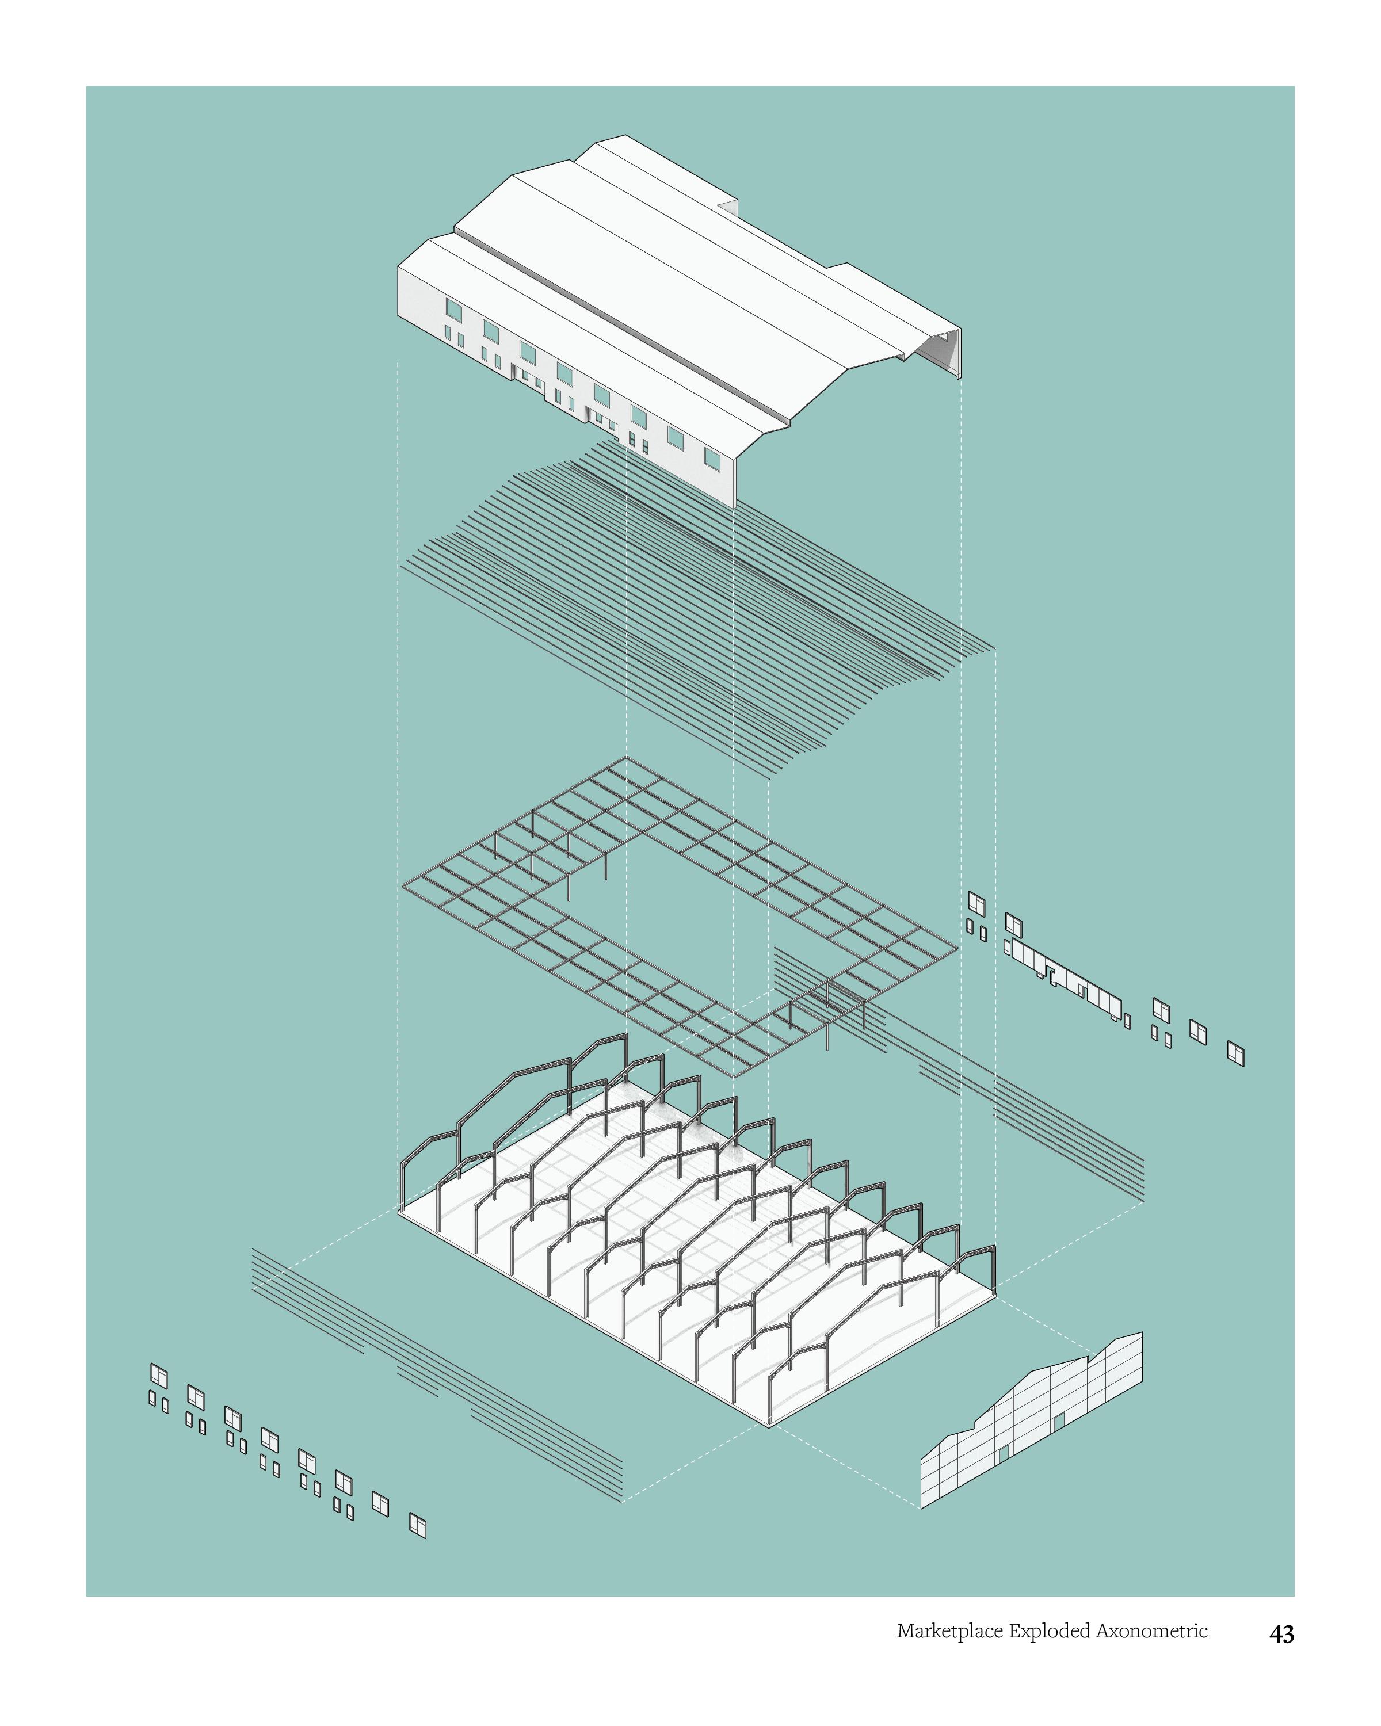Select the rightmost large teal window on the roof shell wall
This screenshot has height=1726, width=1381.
pos(712,458)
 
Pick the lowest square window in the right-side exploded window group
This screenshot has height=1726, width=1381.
pos(1235,1053)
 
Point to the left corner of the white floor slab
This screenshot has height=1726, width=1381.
pos(399,1211)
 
